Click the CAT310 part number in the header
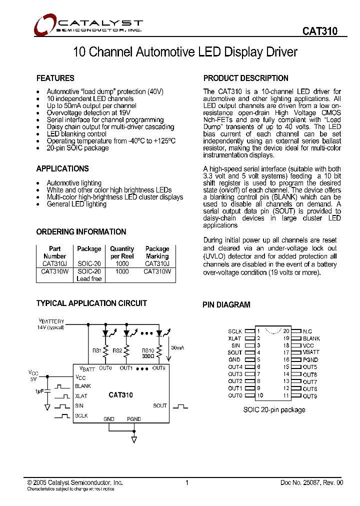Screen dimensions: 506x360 [x=319, y=31]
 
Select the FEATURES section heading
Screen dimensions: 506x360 [x=55, y=78]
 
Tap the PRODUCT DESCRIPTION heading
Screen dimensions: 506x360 [x=245, y=78]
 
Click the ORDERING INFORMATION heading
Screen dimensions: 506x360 [x=81, y=231]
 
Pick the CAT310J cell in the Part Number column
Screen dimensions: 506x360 [x=54, y=263]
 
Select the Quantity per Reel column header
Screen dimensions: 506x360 [x=122, y=252]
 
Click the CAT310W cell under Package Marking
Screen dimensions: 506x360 [x=157, y=271]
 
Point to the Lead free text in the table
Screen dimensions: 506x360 [x=89, y=278]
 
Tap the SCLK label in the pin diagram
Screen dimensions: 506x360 [x=235, y=331]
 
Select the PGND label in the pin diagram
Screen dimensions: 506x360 [x=310, y=359]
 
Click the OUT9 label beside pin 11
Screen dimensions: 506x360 [x=310, y=396]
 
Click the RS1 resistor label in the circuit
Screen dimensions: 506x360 [x=97, y=350]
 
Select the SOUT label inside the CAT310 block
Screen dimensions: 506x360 [x=160, y=405]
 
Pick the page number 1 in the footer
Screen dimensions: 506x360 [x=186, y=482]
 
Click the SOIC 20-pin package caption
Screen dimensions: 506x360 [x=274, y=409]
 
